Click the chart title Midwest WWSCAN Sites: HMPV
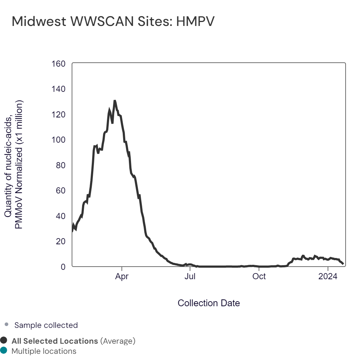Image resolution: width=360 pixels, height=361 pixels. point(113,22)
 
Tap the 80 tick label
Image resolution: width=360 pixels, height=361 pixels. point(61,165)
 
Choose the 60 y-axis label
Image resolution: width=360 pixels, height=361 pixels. point(61,191)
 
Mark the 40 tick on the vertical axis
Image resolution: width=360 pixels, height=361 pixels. point(61,216)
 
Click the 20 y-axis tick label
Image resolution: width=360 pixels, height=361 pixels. point(61,241)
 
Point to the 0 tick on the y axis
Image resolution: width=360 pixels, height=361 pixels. point(63,267)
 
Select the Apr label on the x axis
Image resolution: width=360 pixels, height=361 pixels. point(122,276)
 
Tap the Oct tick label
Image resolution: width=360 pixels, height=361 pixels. point(259,276)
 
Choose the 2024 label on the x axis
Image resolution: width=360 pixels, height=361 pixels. point(328,276)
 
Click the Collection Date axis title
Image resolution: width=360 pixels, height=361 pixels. point(209,303)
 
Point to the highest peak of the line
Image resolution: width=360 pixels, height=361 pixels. point(114,101)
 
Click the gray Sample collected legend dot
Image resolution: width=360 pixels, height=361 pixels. point(6,325)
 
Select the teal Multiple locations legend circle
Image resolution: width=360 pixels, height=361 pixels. point(4,351)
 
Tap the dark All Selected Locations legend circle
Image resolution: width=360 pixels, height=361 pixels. point(4,340)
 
